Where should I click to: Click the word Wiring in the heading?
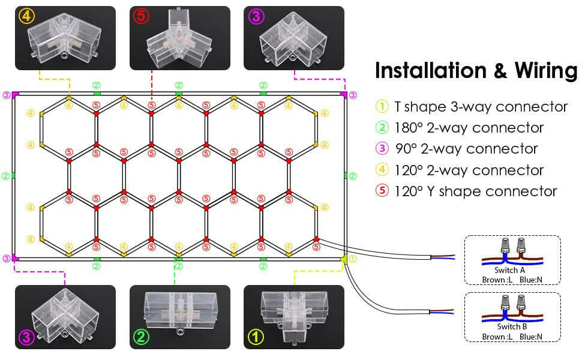pos(545,70)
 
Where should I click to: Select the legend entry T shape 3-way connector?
pos(481,107)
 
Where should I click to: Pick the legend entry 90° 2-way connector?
pos(466,149)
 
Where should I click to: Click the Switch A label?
pos(512,271)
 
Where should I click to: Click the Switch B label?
pos(512,326)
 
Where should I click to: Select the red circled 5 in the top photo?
pos(140,17)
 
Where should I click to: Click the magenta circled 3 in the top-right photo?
pos(256,17)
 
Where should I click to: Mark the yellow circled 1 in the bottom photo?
pos(256,337)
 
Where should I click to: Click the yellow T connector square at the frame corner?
pos(344,259)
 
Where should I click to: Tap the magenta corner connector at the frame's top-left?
pos(15,94)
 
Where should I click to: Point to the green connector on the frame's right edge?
pos(346,176)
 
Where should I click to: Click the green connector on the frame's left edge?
pos(13,176)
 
